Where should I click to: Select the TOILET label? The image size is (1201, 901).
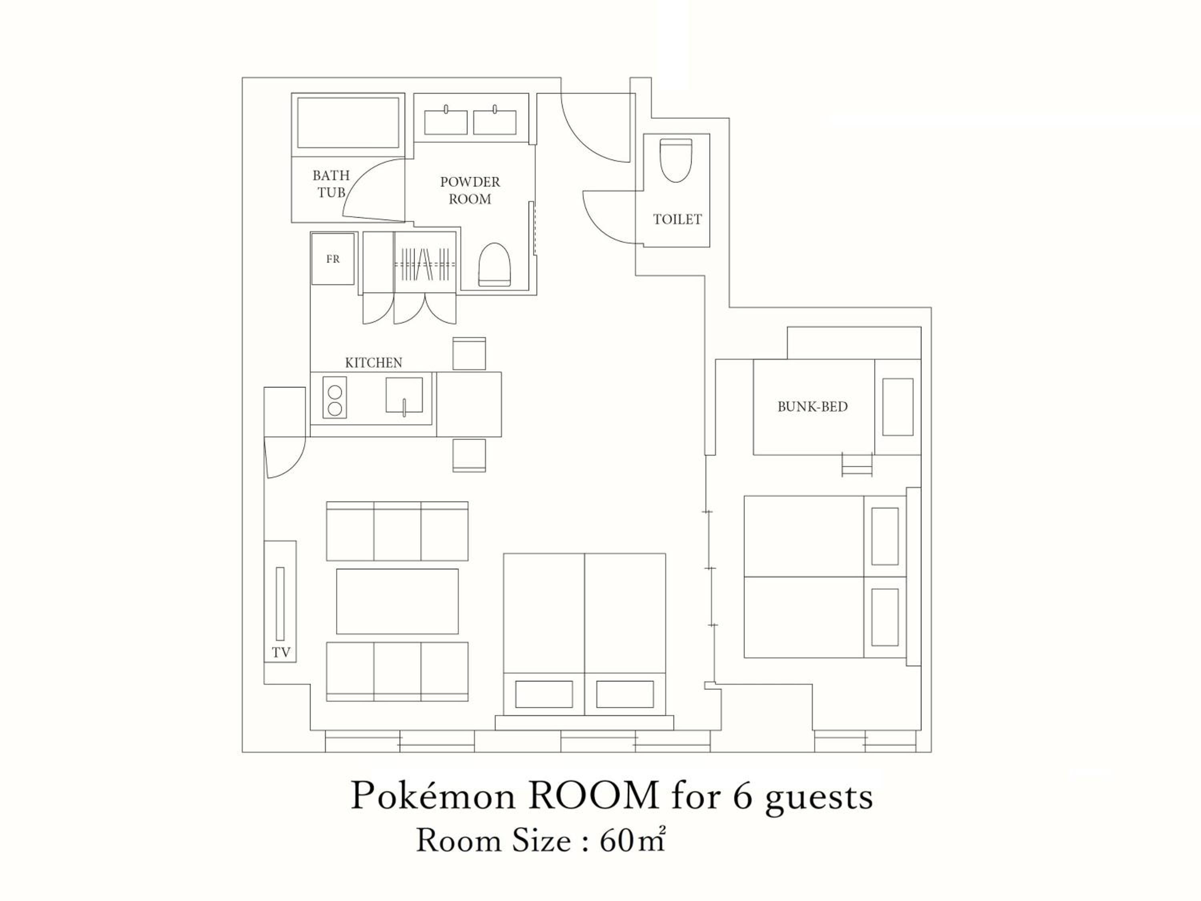pos(677,219)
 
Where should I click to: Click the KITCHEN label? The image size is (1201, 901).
pos(374,363)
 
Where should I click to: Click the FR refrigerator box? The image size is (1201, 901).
pos(333,259)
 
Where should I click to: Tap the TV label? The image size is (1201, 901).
pos(281,653)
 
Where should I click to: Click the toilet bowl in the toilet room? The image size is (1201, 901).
pos(676,160)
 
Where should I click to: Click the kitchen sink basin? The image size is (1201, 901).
pos(404,395)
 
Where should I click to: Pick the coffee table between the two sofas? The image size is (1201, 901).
pos(398,601)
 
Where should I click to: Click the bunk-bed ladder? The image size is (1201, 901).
pos(857,465)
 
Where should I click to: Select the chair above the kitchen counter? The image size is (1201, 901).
pos(469,354)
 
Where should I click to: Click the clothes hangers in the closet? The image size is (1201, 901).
pos(425,264)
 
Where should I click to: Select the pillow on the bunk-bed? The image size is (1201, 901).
pos(898,407)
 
